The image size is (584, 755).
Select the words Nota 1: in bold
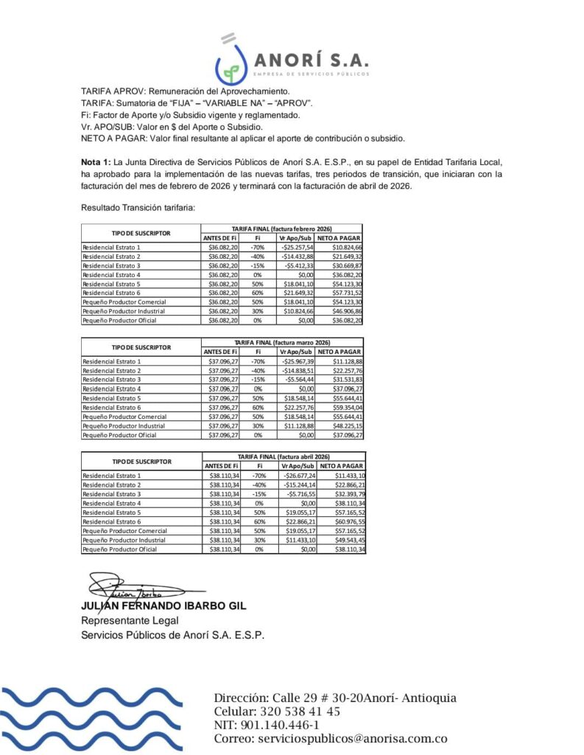point(95,161)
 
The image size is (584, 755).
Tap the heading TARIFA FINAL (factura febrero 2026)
point(282,229)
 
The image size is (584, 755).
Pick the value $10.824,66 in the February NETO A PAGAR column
point(347,247)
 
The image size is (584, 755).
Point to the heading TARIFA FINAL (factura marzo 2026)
point(282,343)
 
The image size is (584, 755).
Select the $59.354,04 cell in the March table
point(347,407)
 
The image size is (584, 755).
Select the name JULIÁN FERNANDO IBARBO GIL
point(163,606)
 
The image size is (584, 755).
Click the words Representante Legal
point(130,620)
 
